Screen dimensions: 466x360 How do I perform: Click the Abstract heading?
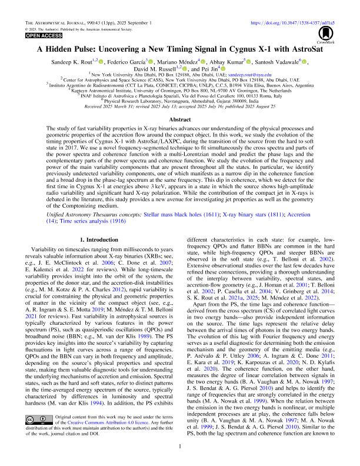[179, 117]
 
